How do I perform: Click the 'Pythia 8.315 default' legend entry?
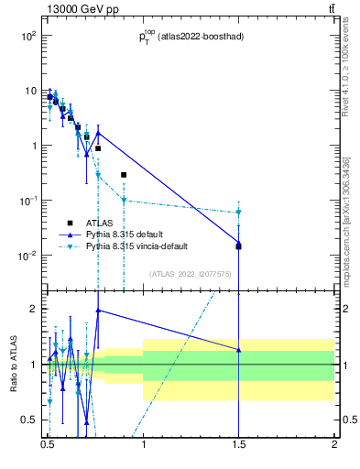(127, 235)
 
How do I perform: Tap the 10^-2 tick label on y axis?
(27, 256)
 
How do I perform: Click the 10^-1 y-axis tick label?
(27, 201)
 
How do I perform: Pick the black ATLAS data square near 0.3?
(124, 174)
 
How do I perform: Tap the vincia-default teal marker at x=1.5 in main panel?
(238, 213)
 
